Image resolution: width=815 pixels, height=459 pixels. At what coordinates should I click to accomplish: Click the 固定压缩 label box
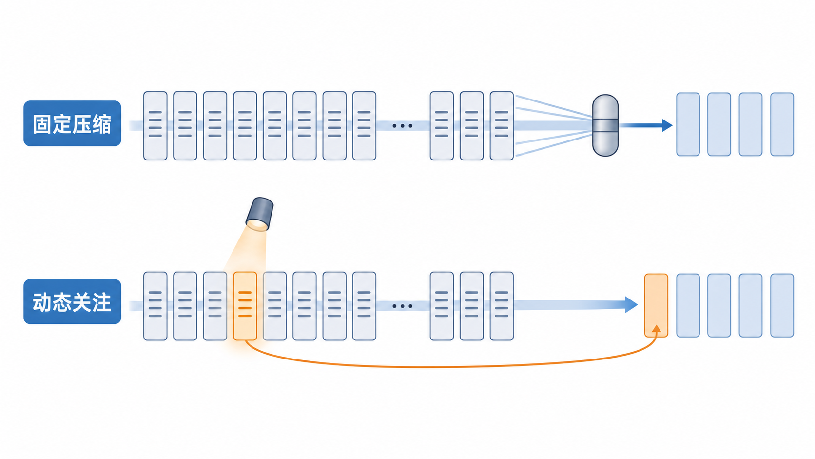pyautogui.click(x=73, y=123)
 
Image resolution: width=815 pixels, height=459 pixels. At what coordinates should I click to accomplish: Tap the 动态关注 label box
pyautogui.click(x=73, y=301)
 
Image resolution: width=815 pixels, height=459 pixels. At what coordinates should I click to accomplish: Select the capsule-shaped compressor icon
pyautogui.click(x=605, y=125)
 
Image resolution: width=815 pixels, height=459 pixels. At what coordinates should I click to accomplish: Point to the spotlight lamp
pyautogui.click(x=259, y=214)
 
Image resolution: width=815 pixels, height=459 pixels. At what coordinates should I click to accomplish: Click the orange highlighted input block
pyautogui.click(x=245, y=306)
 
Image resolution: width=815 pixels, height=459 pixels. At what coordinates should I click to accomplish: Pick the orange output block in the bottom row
pyautogui.click(x=656, y=305)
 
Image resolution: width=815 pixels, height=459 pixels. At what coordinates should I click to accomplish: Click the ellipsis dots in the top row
pyautogui.click(x=403, y=126)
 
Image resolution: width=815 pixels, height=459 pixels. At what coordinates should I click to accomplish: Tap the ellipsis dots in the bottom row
pyautogui.click(x=403, y=306)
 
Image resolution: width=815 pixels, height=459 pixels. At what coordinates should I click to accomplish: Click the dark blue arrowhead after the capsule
pyautogui.click(x=667, y=125)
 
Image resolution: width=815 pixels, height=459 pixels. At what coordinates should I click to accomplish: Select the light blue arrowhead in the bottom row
pyautogui.click(x=631, y=305)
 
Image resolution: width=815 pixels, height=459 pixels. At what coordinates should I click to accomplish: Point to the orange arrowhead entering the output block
pyautogui.click(x=656, y=329)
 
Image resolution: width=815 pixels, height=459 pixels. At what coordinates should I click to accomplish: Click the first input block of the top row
pyautogui.click(x=155, y=126)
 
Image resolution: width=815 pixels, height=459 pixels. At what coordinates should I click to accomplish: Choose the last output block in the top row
pyautogui.click(x=782, y=124)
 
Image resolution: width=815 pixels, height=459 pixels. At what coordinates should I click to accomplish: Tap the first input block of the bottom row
pyautogui.click(x=155, y=306)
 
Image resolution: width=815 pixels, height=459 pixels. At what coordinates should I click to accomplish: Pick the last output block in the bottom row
pyautogui.click(x=782, y=305)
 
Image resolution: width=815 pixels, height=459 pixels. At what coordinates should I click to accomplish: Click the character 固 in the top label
pyautogui.click(x=42, y=124)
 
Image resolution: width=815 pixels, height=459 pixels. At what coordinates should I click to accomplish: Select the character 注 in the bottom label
pyautogui.click(x=101, y=302)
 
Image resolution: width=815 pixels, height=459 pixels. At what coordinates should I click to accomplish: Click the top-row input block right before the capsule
pyautogui.click(x=502, y=126)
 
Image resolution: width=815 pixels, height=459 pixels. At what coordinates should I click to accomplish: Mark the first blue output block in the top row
pyautogui.click(x=688, y=124)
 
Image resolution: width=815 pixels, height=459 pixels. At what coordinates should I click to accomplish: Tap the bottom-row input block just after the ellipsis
pyautogui.click(x=442, y=306)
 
